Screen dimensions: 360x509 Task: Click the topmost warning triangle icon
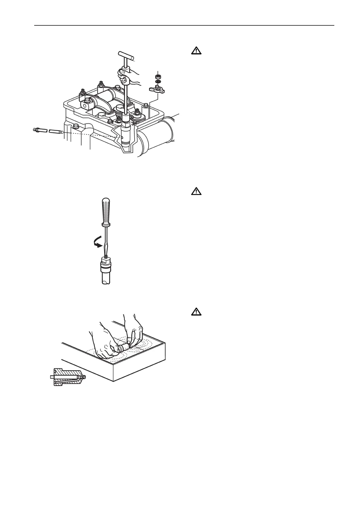point(196,50)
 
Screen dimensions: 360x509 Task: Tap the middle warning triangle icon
point(196,191)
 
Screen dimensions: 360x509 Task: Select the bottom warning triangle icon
point(196,312)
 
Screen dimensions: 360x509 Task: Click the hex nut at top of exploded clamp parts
point(157,76)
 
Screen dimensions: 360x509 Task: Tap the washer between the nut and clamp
point(157,82)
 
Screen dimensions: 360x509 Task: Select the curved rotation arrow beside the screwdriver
point(98,242)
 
